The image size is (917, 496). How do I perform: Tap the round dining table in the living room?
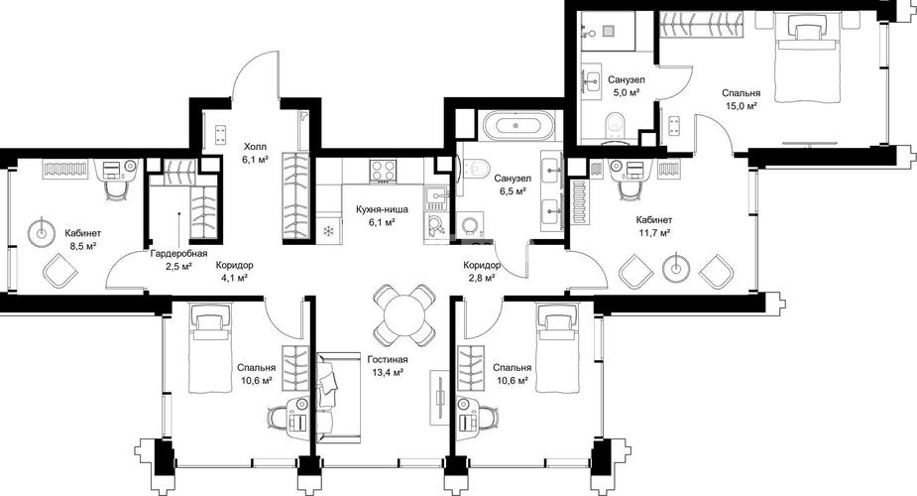(403, 314)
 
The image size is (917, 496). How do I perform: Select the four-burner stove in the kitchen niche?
(384, 171)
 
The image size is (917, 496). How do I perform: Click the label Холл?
(256, 146)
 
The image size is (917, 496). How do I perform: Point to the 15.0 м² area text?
(741, 106)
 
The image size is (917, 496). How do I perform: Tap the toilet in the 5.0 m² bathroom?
(615, 127)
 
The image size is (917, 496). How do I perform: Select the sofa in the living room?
(338, 397)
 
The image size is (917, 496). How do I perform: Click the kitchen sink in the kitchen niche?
(435, 198)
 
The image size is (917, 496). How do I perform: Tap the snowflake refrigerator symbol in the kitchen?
(328, 230)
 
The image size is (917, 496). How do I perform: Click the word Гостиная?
(388, 360)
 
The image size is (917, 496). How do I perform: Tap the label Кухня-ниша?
(384, 209)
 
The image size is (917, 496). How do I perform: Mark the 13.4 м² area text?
(388, 372)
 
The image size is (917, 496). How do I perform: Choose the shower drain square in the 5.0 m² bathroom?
(610, 30)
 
